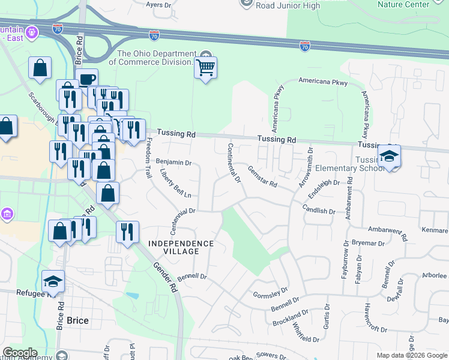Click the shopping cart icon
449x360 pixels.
click(x=205, y=68)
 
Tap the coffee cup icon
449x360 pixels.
click(x=86, y=79)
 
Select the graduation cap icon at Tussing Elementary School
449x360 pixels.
click(x=389, y=157)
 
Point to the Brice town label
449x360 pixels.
click(x=77, y=320)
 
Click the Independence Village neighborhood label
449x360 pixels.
click(x=181, y=247)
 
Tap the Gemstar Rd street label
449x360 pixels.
click(x=262, y=176)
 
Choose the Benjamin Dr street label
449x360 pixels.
click(x=173, y=163)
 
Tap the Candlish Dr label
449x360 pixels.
click(x=319, y=211)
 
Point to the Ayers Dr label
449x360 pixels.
click(x=159, y=4)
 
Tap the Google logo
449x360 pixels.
click(x=20, y=353)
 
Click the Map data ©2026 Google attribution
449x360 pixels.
click(x=411, y=355)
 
